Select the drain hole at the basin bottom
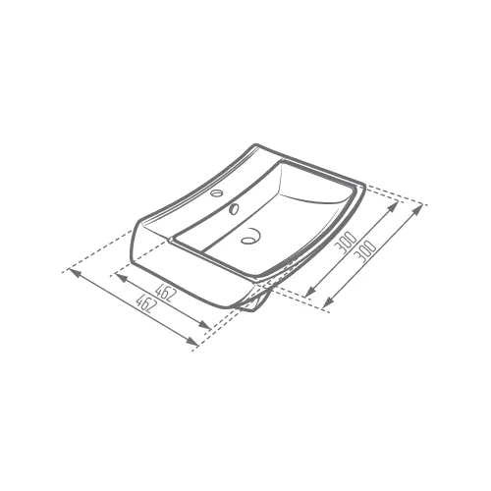[x=250, y=237]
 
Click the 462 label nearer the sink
[x=166, y=292]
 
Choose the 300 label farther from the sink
[x=365, y=251]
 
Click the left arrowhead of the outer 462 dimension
[x=75, y=274]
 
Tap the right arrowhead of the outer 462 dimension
[x=191, y=341]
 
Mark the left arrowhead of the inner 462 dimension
[x=122, y=279]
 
